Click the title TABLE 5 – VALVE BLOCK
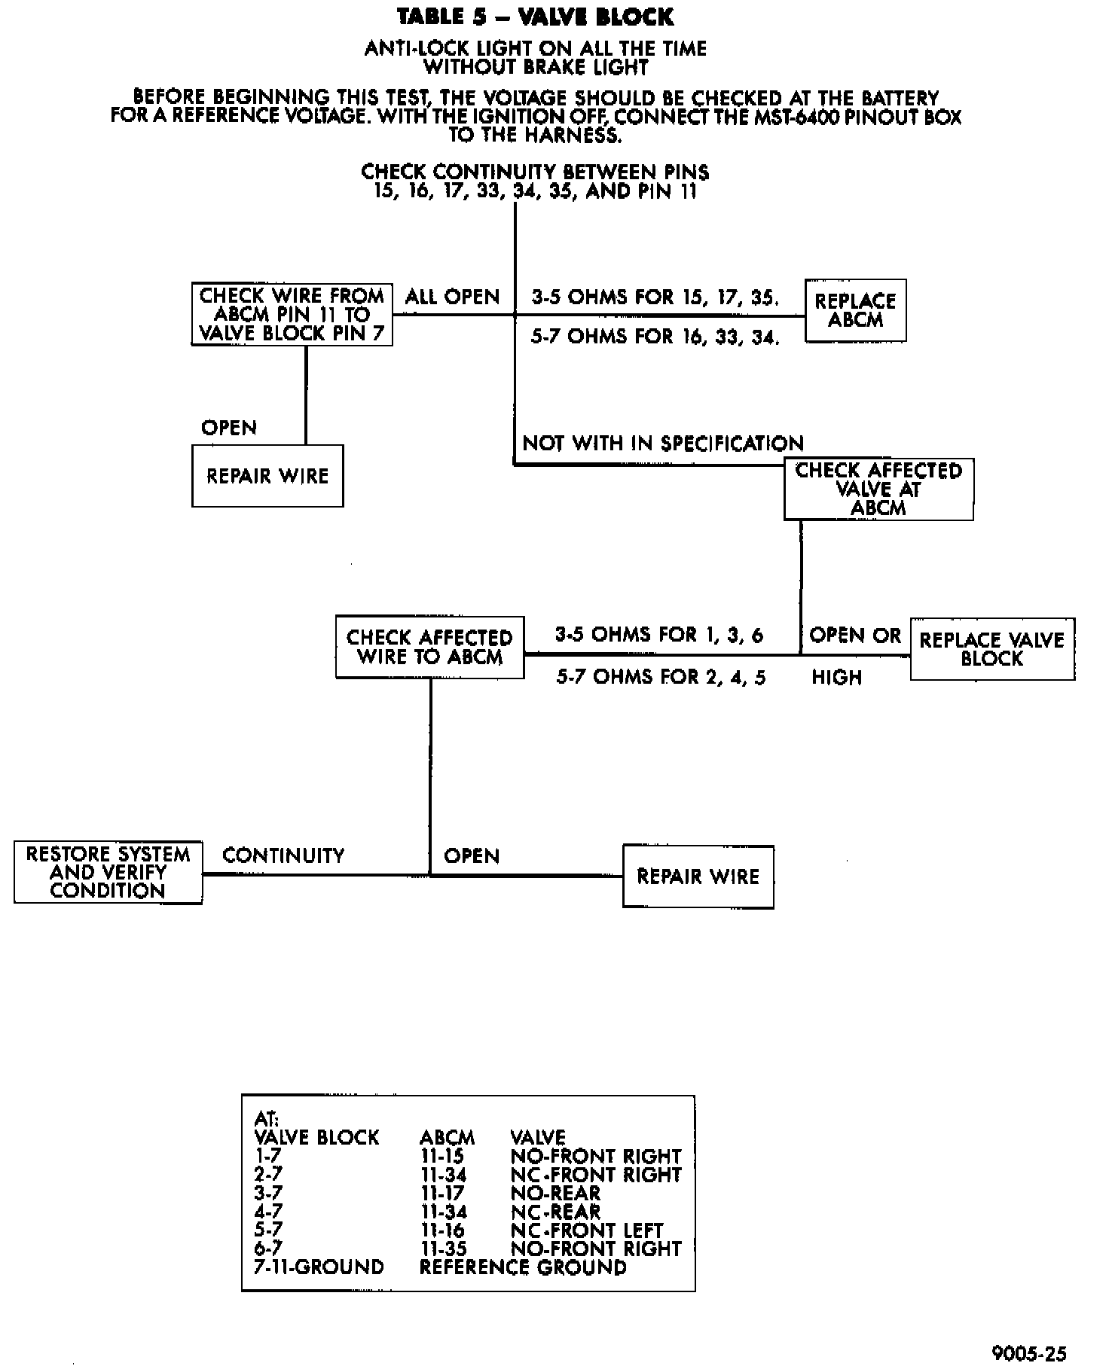[535, 17]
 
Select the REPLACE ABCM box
[855, 310]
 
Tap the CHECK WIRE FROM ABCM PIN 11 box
[292, 314]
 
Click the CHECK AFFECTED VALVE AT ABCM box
[878, 489]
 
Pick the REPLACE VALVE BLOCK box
[991, 649]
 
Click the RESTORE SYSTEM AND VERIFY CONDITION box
[108, 873]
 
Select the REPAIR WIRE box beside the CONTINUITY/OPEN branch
[698, 877]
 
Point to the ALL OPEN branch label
[452, 297]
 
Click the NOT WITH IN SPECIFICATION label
[663, 443]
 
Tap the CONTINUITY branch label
[283, 855]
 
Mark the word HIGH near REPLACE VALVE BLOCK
[836, 678]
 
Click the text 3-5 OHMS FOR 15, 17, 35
[655, 297]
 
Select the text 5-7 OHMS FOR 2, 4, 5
[661, 677]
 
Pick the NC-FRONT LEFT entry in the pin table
[587, 1230]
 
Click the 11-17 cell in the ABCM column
[442, 1194]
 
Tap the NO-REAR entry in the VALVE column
[555, 1194]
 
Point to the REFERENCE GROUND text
[522, 1267]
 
